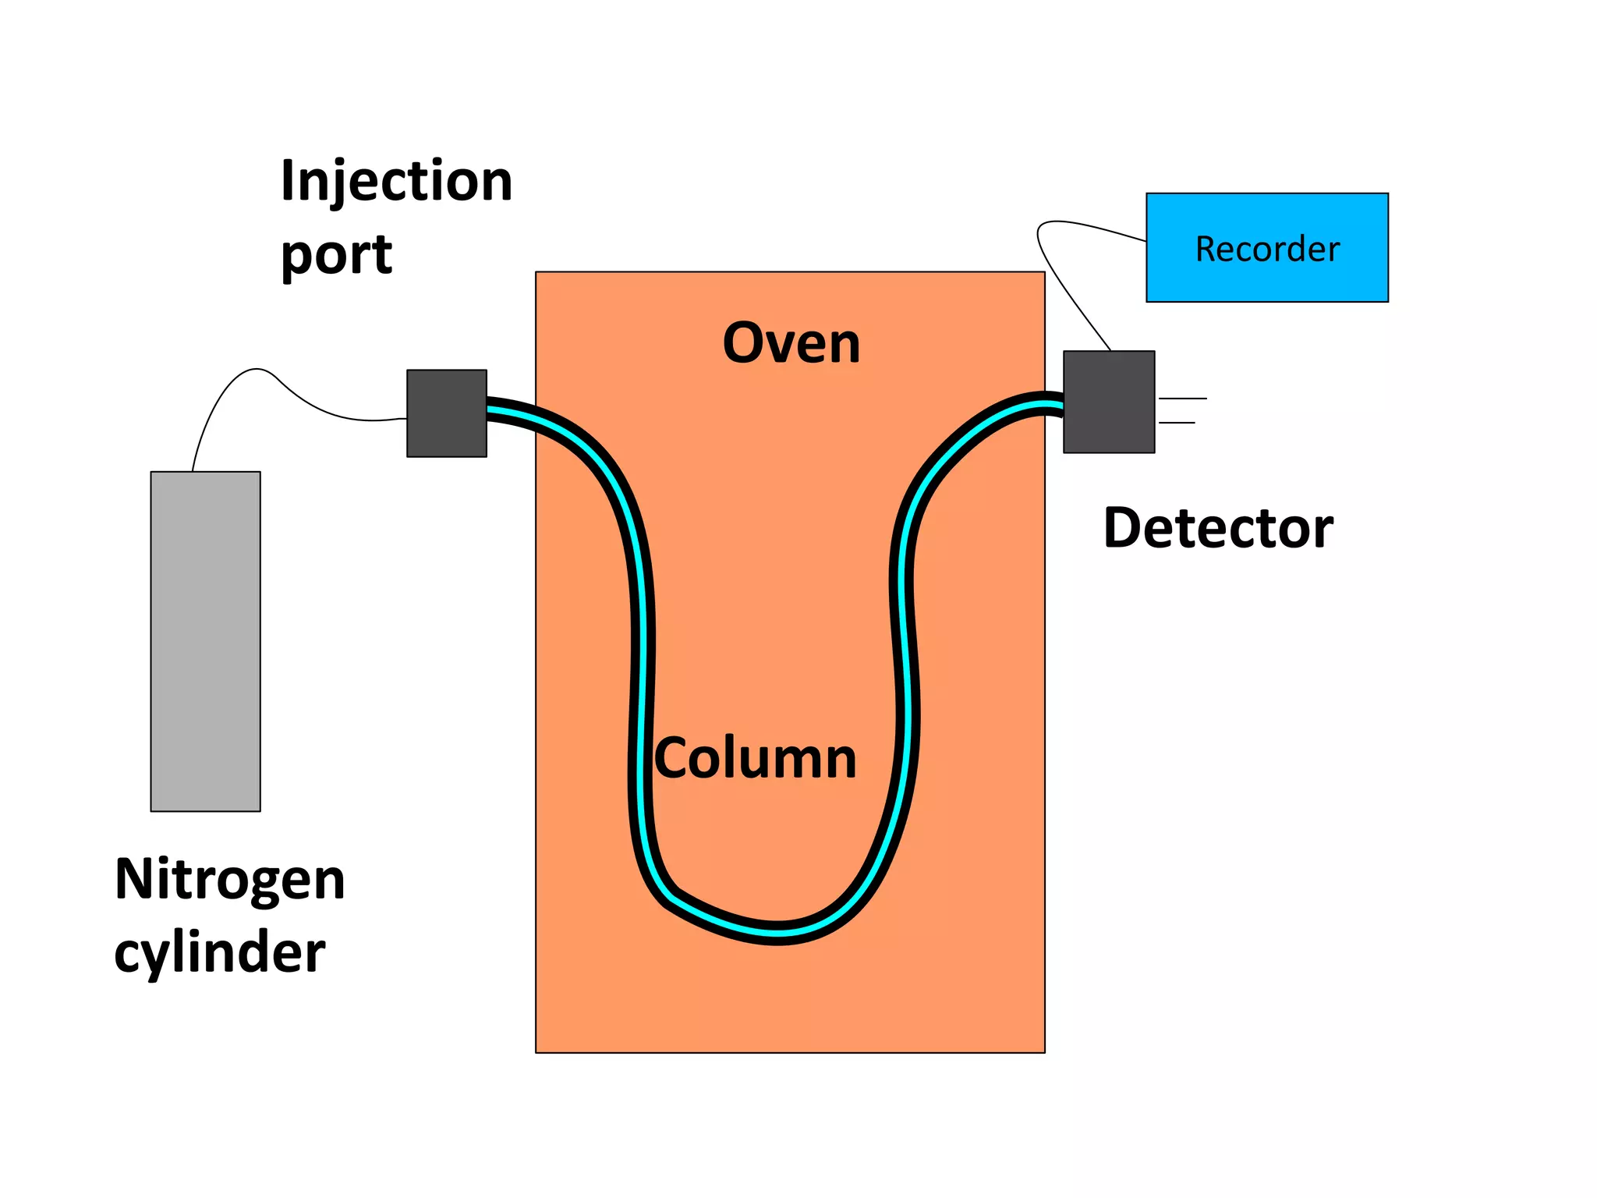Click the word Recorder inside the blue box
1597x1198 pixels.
(1267, 250)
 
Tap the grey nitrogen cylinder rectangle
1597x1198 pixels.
(205, 641)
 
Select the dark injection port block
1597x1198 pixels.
(447, 413)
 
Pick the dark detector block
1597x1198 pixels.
(1109, 402)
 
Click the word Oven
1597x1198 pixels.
(791, 343)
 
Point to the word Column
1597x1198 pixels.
(755, 758)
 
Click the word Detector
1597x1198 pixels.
(1218, 529)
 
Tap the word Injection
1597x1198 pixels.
(396, 181)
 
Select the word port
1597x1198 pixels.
(336, 255)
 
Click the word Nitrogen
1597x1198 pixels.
(229, 880)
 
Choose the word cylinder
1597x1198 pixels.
(219, 952)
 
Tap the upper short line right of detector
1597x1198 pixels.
(1182, 399)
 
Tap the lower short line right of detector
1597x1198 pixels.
(1177, 423)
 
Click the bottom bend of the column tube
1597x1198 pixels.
(778, 933)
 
